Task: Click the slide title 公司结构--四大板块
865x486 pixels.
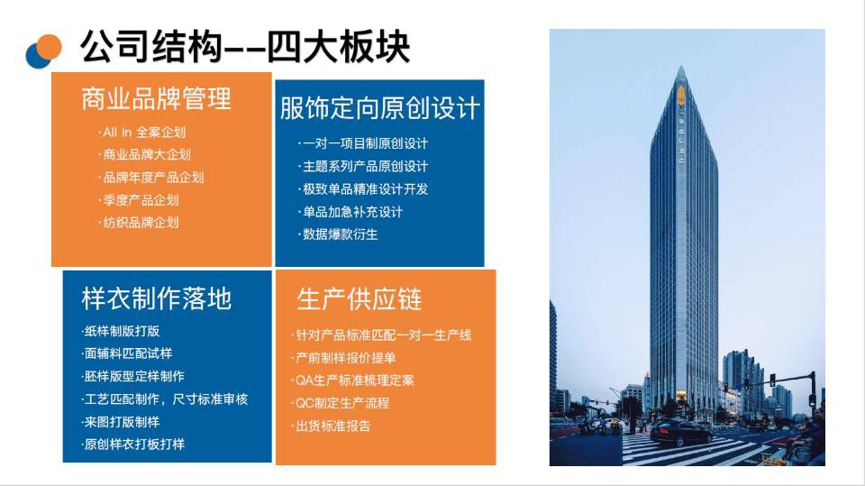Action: pyautogui.click(x=245, y=48)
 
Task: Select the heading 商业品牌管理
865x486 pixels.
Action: pyautogui.click(x=156, y=99)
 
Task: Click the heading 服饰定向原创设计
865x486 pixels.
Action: pyautogui.click(x=379, y=107)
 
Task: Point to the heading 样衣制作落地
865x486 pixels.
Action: pyautogui.click(x=156, y=298)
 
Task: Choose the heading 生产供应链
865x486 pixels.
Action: pyautogui.click(x=360, y=299)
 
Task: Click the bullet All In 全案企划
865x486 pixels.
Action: pyautogui.click(x=141, y=133)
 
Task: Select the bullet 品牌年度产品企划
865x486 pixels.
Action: pyautogui.click(x=151, y=178)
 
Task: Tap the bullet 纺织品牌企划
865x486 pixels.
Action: pyautogui.click(x=139, y=223)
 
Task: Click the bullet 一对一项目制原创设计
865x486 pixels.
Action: pyautogui.click(x=363, y=143)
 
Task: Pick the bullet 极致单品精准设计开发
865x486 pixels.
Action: pyautogui.click(x=363, y=188)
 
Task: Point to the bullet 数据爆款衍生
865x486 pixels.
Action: pyautogui.click(x=338, y=234)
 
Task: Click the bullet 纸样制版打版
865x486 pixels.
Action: pyautogui.click(x=120, y=331)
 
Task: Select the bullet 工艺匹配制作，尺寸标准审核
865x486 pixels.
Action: pyautogui.click(x=164, y=399)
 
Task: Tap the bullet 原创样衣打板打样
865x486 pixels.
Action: pyautogui.click(x=132, y=444)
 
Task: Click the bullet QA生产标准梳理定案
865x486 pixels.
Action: pyautogui.click(x=352, y=381)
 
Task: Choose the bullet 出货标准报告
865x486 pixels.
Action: pyautogui.click(x=331, y=426)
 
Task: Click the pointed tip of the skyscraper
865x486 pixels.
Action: pyautogui.click(x=682, y=67)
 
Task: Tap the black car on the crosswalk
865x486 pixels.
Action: pyautogui.click(x=681, y=432)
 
